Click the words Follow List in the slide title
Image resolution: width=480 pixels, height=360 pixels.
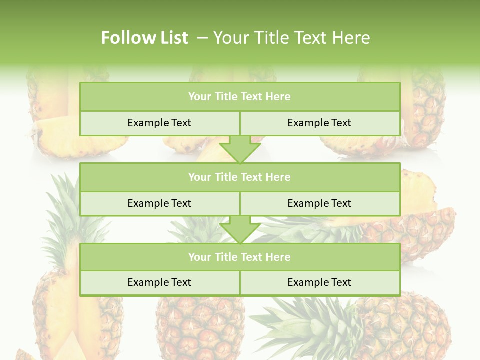tap(144, 38)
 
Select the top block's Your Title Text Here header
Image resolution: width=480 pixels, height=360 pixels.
tap(239, 97)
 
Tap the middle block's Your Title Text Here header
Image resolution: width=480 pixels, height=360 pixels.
tap(239, 177)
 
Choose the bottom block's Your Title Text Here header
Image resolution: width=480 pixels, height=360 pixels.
tap(239, 257)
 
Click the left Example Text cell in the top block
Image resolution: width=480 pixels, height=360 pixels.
tap(159, 123)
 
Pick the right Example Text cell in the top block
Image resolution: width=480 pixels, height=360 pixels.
tap(319, 123)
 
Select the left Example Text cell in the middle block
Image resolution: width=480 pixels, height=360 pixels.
tap(159, 203)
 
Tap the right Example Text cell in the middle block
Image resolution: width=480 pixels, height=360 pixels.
tap(319, 203)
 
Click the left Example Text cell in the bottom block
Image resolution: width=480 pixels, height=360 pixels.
tap(159, 282)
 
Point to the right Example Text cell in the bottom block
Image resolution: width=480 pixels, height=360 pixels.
tap(319, 282)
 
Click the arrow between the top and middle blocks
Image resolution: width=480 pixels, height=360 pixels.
tap(240, 149)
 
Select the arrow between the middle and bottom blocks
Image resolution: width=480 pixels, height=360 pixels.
tap(240, 229)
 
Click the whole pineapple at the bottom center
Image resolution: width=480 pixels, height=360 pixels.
tap(200, 327)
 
